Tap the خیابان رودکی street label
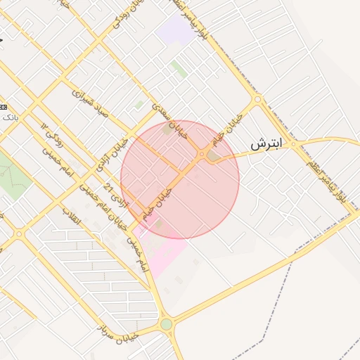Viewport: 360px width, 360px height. [x=128, y=19]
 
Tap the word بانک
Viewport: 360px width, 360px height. [x=9, y=117]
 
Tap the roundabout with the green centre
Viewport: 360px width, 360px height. [x=166, y=324]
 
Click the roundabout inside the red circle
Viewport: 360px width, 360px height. [x=202, y=154]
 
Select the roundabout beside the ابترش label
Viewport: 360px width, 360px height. [x=295, y=144]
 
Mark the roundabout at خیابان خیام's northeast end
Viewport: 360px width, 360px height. [x=257, y=99]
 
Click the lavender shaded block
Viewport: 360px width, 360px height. [x=173, y=30]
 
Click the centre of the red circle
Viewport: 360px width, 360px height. [x=180, y=179]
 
